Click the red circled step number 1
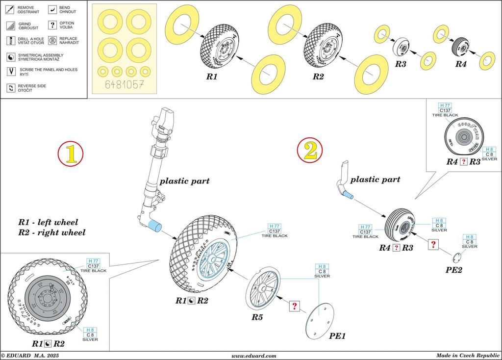(x=71, y=154)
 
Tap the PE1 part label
(x=338, y=336)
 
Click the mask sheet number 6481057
(x=125, y=85)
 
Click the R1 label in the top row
(x=211, y=77)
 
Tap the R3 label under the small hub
(x=401, y=64)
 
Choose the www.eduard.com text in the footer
(x=253, y=356)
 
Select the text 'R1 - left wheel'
(x=48, y=222)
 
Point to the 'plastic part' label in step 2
(x=376, y=180)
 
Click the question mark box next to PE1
(x=295, y=306)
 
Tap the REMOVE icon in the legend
(x=11, y=9)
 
